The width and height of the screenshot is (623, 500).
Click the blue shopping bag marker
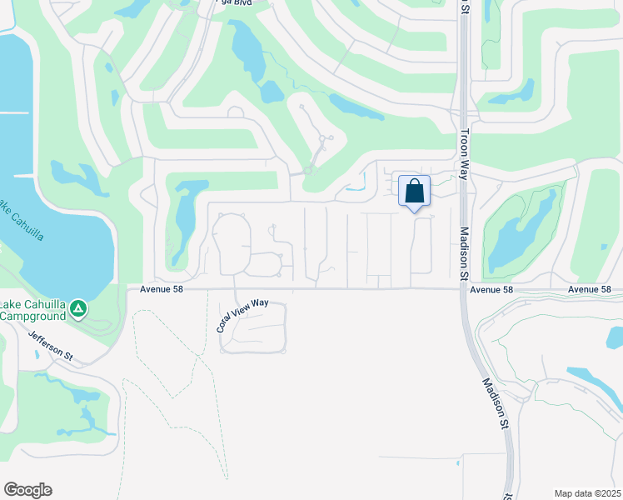(414, 192)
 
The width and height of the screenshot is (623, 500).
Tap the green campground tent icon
(78, 310)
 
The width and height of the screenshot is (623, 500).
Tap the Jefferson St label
(51, 346)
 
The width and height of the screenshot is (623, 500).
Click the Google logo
(27, 490)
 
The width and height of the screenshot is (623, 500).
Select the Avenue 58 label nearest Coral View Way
(162, 289)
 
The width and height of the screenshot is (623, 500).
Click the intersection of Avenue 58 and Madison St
(463, 289)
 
